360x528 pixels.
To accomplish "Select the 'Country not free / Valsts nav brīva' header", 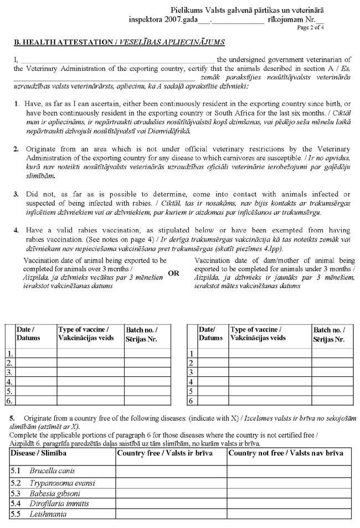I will (x=286, y=453).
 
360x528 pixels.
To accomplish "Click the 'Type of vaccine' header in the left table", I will (x=84, y=333).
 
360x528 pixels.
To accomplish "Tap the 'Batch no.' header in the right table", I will (x=331, y=333).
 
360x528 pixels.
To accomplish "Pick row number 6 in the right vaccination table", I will (x=191, y=400).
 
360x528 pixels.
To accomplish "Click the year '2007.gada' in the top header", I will (x=179, y=19).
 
